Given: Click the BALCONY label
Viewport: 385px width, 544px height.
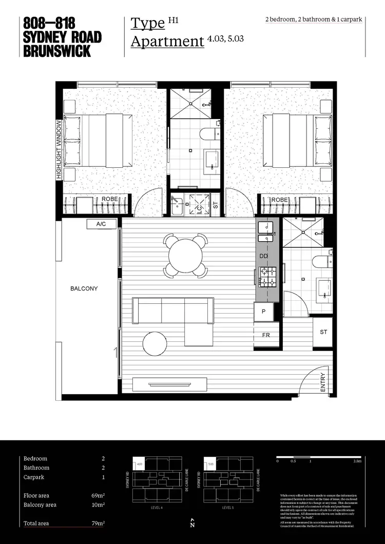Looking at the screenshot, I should click(x=84, y=288).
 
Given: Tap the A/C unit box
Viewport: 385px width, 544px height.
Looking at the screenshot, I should click(x=101, y=224).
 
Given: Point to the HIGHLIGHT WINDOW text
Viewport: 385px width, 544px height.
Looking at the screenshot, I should click(x=59, y=150).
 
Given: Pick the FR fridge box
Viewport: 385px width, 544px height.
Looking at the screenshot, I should click(x=266, y=335).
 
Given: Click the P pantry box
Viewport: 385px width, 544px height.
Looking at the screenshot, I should click(x=264, y=311).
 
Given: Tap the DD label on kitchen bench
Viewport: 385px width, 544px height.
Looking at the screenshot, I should click(x=264, y=256).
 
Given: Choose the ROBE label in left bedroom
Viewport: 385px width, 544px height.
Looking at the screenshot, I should click(x=110, y=199).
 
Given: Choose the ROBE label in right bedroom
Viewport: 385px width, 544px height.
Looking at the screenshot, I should click(x=279, y=199).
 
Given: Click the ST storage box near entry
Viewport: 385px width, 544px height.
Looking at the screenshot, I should click(x=323, y=333).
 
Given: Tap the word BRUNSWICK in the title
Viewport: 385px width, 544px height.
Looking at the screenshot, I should click(x=56, y=51).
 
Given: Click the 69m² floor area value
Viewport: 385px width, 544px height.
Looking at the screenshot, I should click(x=98, y=496).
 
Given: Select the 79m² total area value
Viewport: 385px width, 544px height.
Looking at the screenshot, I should click(x=97, y=523).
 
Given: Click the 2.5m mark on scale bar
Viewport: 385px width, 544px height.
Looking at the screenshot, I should click(x=357, y=461).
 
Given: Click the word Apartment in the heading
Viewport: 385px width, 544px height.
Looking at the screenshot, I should click(x=167, y=42).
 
